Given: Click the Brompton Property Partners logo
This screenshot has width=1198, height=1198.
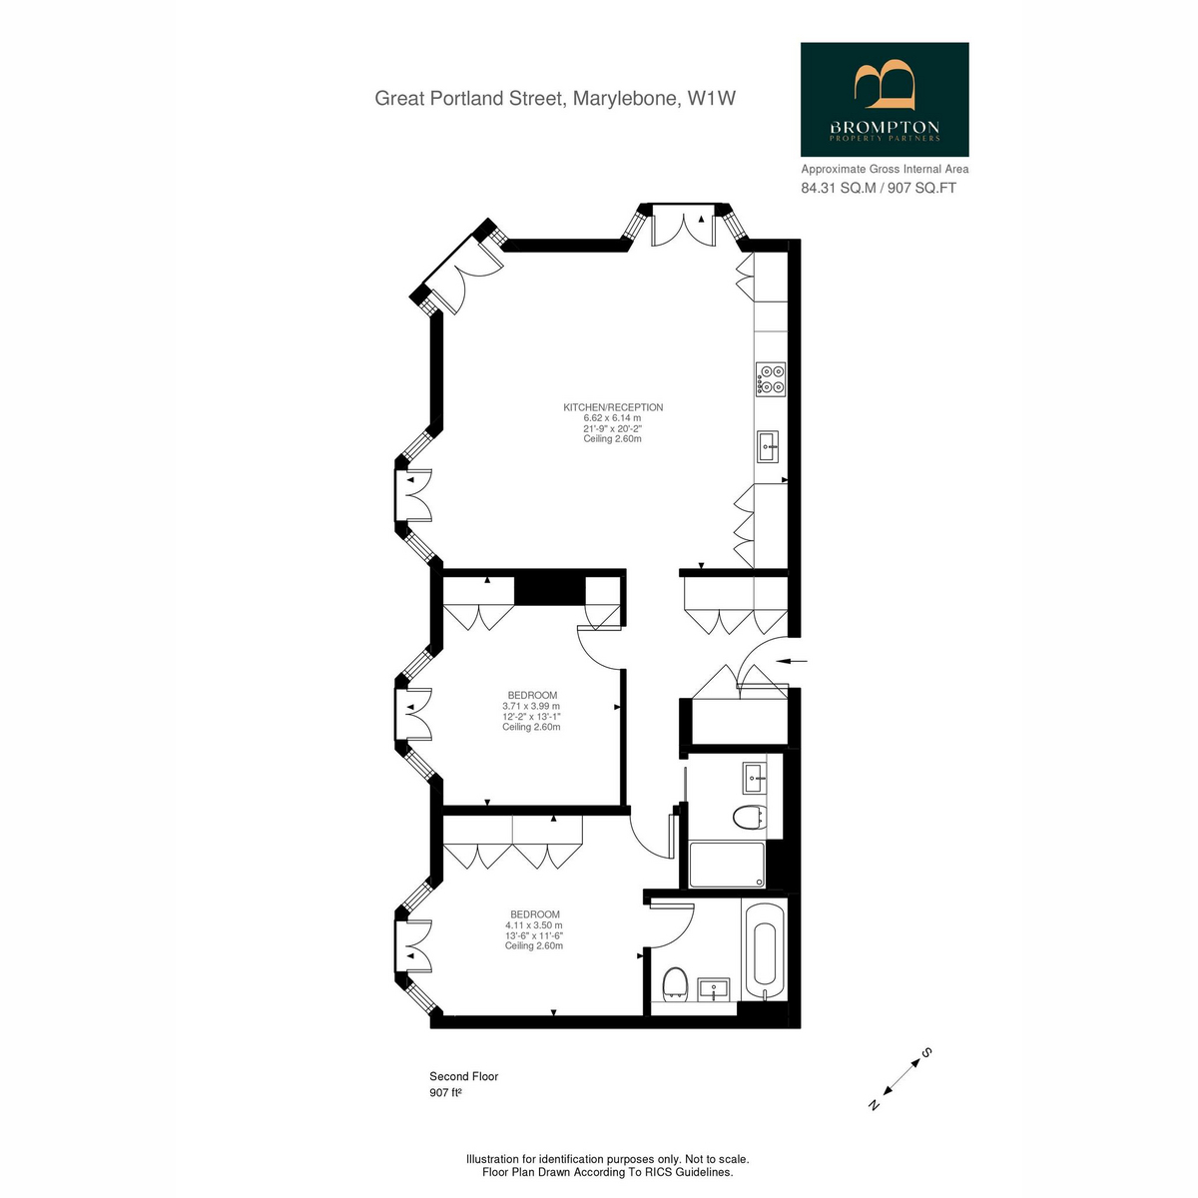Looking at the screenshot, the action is tap(885, 100).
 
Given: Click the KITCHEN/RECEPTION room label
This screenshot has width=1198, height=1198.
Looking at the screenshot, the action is tap(613, 407).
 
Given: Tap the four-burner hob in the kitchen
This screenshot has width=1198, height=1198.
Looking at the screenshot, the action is tap(771, 379).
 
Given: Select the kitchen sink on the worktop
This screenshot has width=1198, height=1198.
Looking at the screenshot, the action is tap(768, 446).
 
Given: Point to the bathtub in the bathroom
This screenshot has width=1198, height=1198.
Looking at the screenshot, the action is tap(764, 959).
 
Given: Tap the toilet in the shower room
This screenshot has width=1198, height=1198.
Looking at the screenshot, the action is tap(750, 817).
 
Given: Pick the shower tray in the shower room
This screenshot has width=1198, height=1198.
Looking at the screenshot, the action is tap(727, 865).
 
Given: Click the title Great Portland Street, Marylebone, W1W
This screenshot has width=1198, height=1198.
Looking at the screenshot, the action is tap(555, 98).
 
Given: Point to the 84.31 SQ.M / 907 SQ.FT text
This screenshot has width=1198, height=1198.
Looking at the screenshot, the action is tap(879, 188).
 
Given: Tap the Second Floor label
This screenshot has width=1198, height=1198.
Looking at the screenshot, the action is tap(464, 1076).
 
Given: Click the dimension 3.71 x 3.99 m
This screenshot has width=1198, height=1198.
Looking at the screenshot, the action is tap(531, 706).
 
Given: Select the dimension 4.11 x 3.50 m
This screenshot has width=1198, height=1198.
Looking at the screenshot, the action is tap(534, 925).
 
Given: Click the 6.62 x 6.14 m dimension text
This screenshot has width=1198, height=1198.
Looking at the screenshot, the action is tap(612, 417).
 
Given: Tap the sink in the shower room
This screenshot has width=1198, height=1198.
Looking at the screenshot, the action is tap(755, 778).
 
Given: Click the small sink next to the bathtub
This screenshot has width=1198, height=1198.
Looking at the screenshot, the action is tap(715, 989).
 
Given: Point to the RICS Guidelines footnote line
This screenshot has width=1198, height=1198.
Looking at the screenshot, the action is tap(607, 1172).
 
